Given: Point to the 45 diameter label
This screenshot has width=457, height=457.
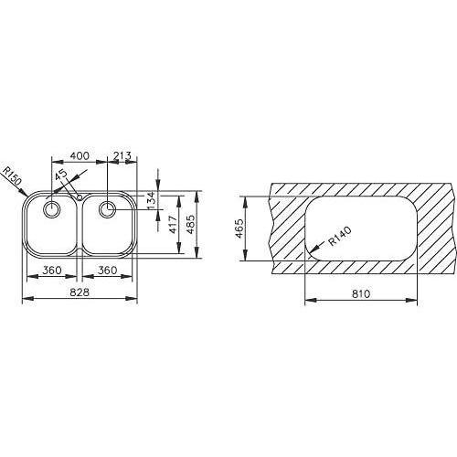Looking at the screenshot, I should (60, 177).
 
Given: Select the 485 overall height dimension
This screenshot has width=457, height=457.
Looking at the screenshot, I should (191, 220).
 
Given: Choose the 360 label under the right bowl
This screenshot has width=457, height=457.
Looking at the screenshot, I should (109, 270).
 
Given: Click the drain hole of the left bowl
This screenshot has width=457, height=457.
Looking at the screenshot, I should (51, 208).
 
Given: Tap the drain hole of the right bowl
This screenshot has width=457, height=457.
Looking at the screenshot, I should (108, 207).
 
